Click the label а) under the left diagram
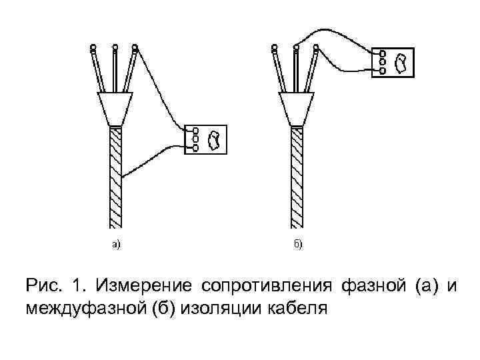[x=116, y=245]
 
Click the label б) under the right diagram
[x=298, y=245]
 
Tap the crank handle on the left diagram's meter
[x=214, y=140]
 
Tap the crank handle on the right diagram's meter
[x=401, y=62]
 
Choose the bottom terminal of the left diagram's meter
[x=195, y=147]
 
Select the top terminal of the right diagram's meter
[x=382, y=53]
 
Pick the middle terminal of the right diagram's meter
[x=382, y=61]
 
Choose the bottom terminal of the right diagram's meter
[x=382, y=69]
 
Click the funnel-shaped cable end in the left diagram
[x=116, y=108]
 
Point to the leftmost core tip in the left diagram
[x=93, y=47]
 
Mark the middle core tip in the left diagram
[x=115, y=47]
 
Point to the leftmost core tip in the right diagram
[x=274, y=47]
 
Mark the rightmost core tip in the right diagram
[x=317, y=47]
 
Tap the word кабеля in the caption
[x=295, y=309]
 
